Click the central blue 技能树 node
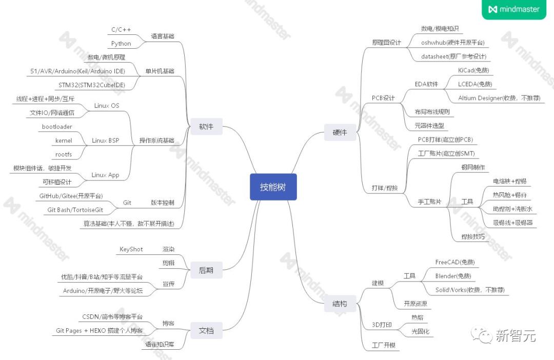tap(271, 187)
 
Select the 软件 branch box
tap(206, 127)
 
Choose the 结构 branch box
tap(336, 304)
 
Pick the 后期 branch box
tap(206, 270)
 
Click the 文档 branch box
tap(206, 331)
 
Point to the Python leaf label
tap(121, 44)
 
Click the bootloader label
tap(56, 127)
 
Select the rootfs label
tap(64, 154)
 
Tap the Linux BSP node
tap(105, 141)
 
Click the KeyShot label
tap(131, 249)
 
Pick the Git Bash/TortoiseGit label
tap(75, 210)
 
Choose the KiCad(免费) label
tap(473, 70)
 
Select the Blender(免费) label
tap(453, 276)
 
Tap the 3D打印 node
tap(382, 325)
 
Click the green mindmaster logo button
tap(513, 9)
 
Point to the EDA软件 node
tap(426, 84)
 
